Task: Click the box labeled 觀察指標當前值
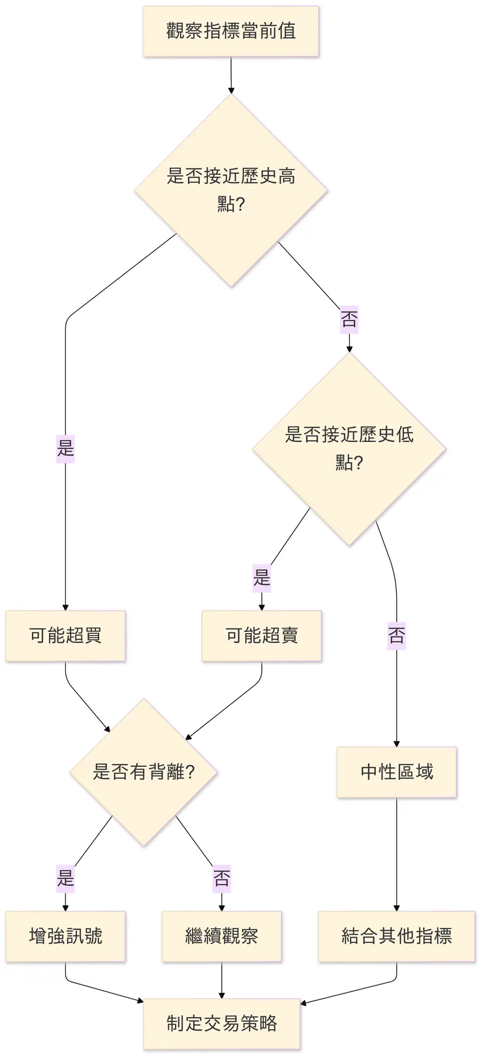point(231,31)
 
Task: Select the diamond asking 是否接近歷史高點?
point(231,190)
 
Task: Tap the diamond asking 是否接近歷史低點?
point(349,449)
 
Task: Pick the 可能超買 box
point(65,636)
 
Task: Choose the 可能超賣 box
point(262,636)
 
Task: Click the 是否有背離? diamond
point(144,772)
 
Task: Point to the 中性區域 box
point(397,772)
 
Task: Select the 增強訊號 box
point(65,937)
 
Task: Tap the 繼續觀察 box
point(222,937)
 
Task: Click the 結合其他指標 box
point(397,937)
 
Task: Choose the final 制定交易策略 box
point(222,1023)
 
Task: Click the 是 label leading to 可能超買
point(65,448)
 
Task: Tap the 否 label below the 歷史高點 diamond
point(349,320)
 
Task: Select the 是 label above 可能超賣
point(262,578)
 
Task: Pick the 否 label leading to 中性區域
point(397,635)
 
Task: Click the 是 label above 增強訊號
point(65,878)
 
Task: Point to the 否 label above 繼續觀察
point(222,879)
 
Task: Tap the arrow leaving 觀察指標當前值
point(231,74)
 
